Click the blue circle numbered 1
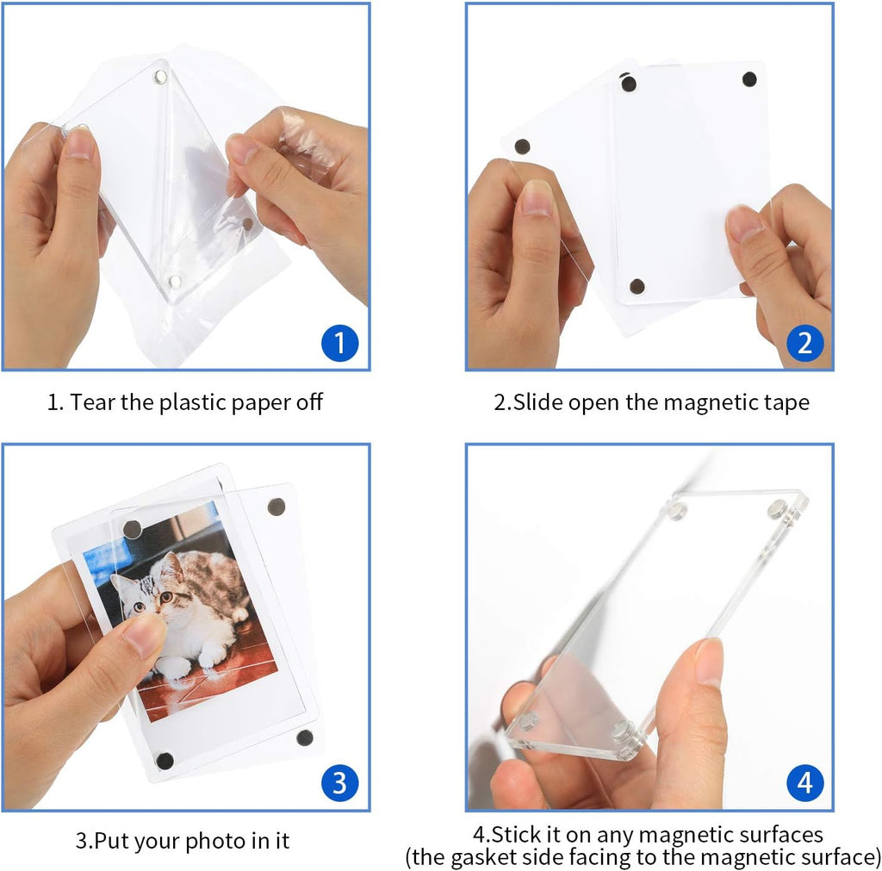pyautogui.click(x=339, y=344)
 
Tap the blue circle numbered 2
pyautogui.click(x=804, y=344)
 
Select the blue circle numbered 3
pyautogui.click(x=339, y=782)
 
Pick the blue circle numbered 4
pyautogui.click(x=804, y=782)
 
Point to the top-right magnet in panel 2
pyautogui.click(x=749, y=79)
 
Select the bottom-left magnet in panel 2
pyautogui.click(x=637, y=286)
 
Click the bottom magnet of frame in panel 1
pyautogui.click(x=177, y=283)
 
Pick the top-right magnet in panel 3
pyautogui.click(x=276, y=507)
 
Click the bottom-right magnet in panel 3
pyautogui.click(x=304, y=737)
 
